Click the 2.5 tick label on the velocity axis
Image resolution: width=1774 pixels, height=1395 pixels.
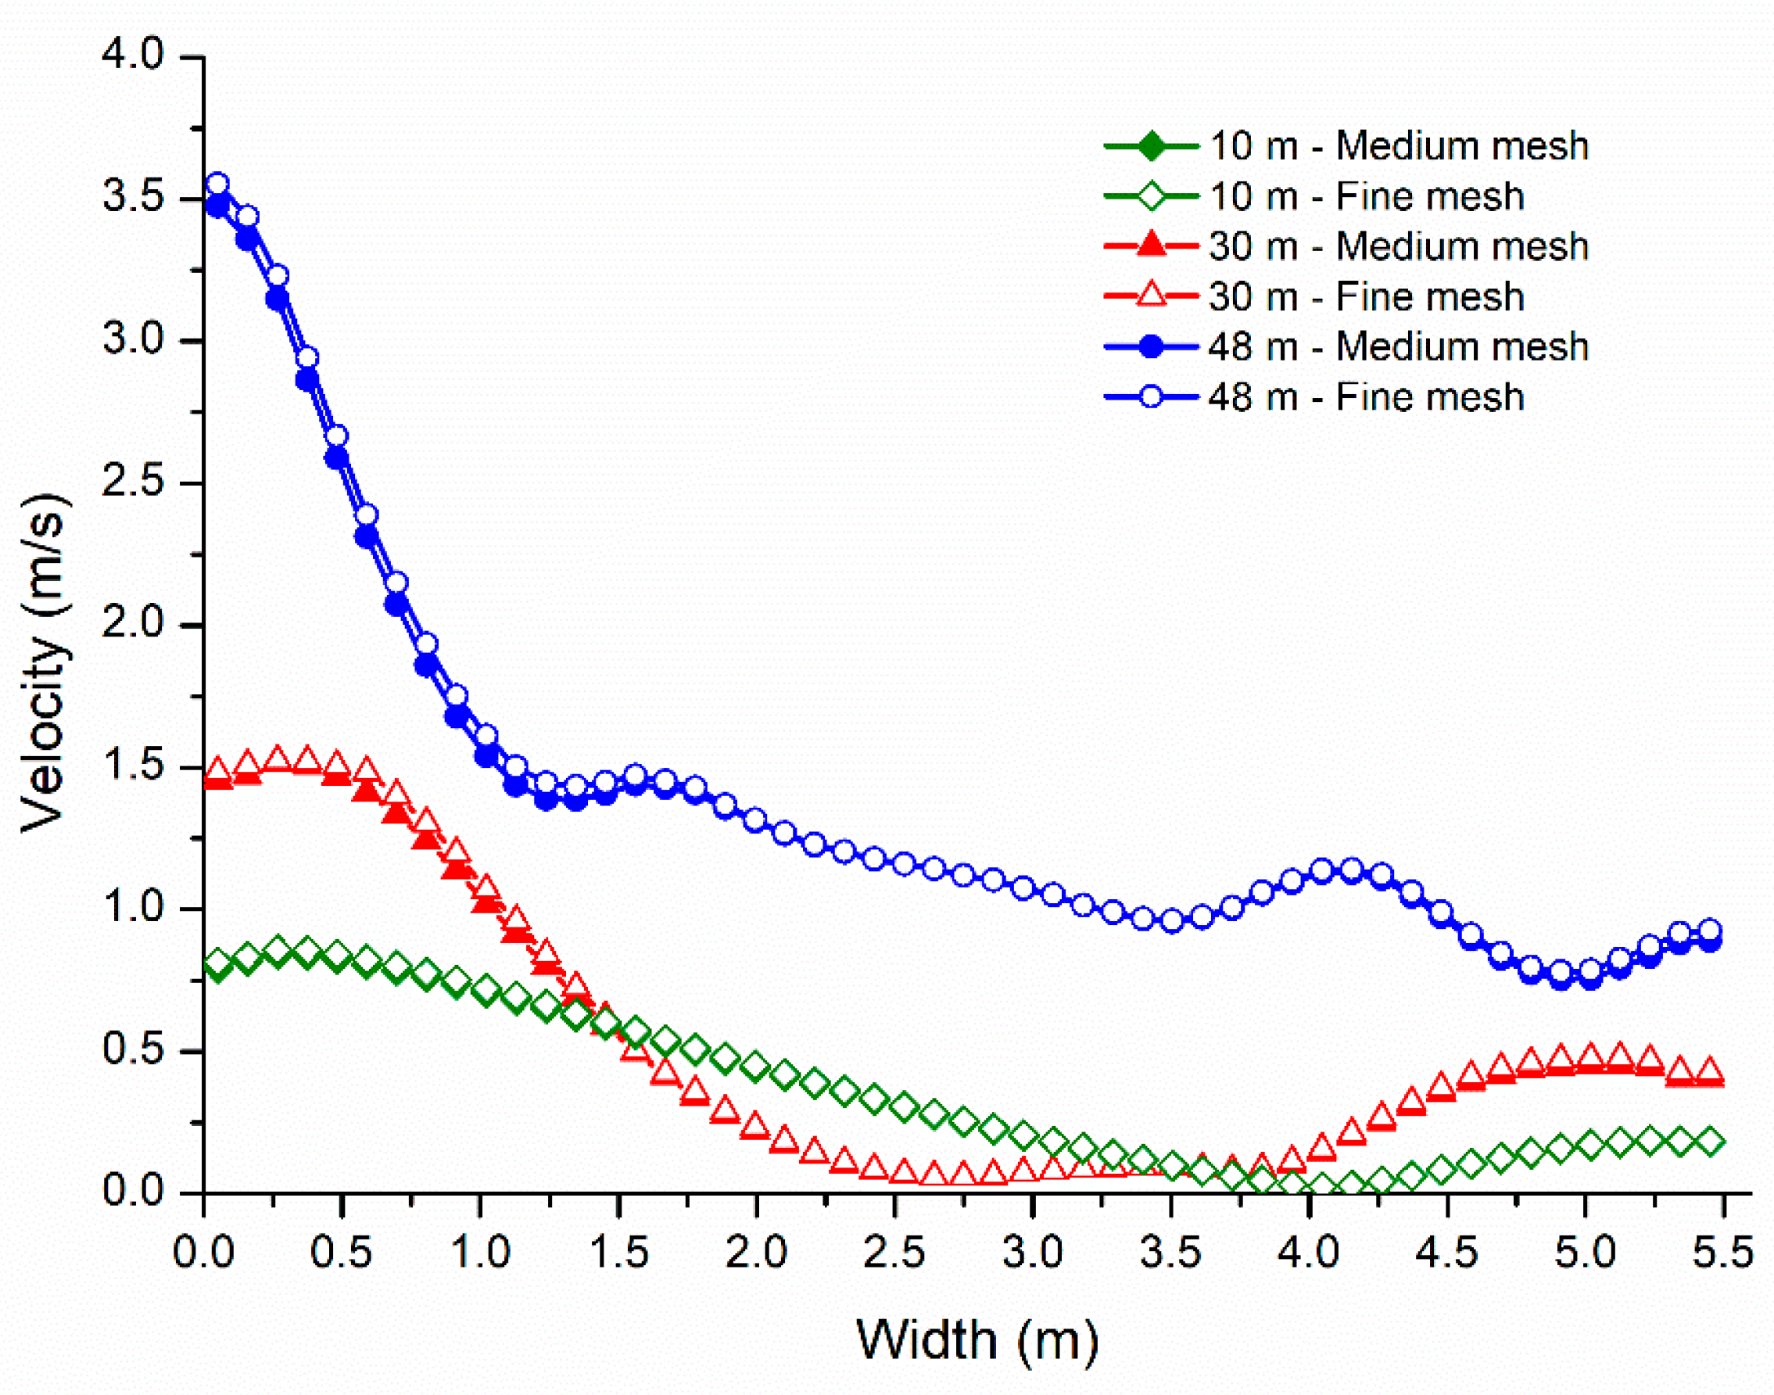133,481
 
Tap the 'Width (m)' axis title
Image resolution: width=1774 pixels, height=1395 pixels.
977,1340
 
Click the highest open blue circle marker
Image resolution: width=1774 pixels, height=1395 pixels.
217,184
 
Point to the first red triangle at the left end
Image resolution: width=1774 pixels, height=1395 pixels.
217,769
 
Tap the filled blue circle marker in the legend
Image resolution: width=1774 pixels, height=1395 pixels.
1151,347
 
